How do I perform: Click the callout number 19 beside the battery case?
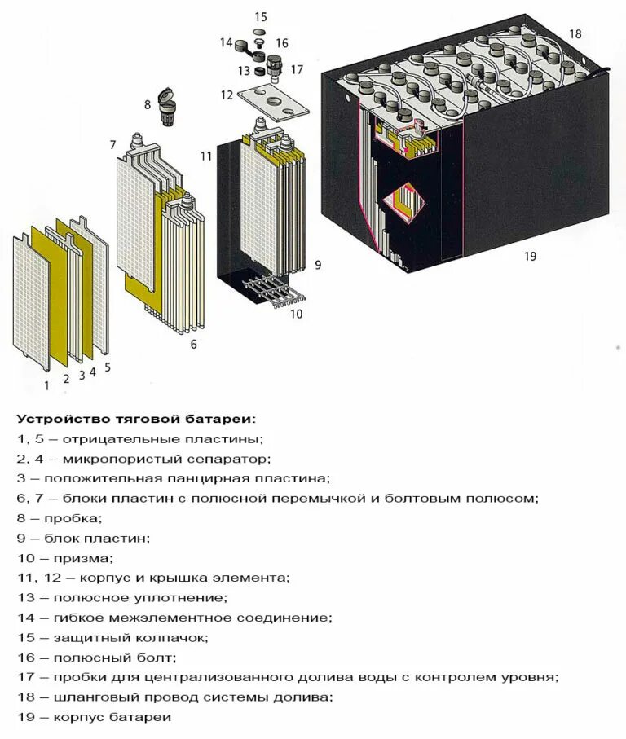530,257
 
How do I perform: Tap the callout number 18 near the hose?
575,34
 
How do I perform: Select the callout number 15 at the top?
261,16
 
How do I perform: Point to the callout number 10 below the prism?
296,313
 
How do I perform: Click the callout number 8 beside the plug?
148,104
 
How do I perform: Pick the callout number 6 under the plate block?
193,344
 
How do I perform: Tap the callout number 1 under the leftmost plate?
46,385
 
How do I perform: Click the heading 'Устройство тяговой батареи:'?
135,420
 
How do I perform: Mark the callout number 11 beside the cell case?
205,154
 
